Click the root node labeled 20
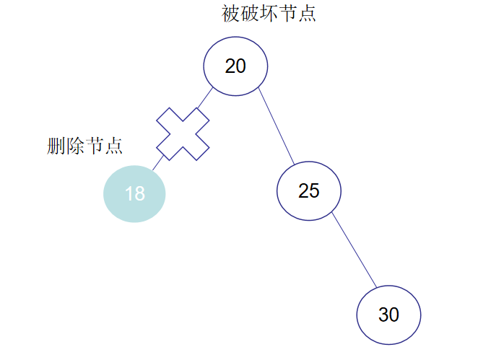tap(235, 66)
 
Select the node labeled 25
tap(309, 190)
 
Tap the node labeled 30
tap(388, 315)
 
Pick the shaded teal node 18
tap(134, 193)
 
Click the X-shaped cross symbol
tap(183, 134)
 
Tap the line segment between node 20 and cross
tap(206, 99)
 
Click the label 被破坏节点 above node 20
tap(269, 14)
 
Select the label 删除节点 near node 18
tap(84, 146)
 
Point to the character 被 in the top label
tap(231, 14)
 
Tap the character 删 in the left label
tap(56, 146)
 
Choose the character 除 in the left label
tap(75, 146)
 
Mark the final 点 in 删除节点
tap(113, 146)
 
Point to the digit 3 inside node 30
tap(383, 315)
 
